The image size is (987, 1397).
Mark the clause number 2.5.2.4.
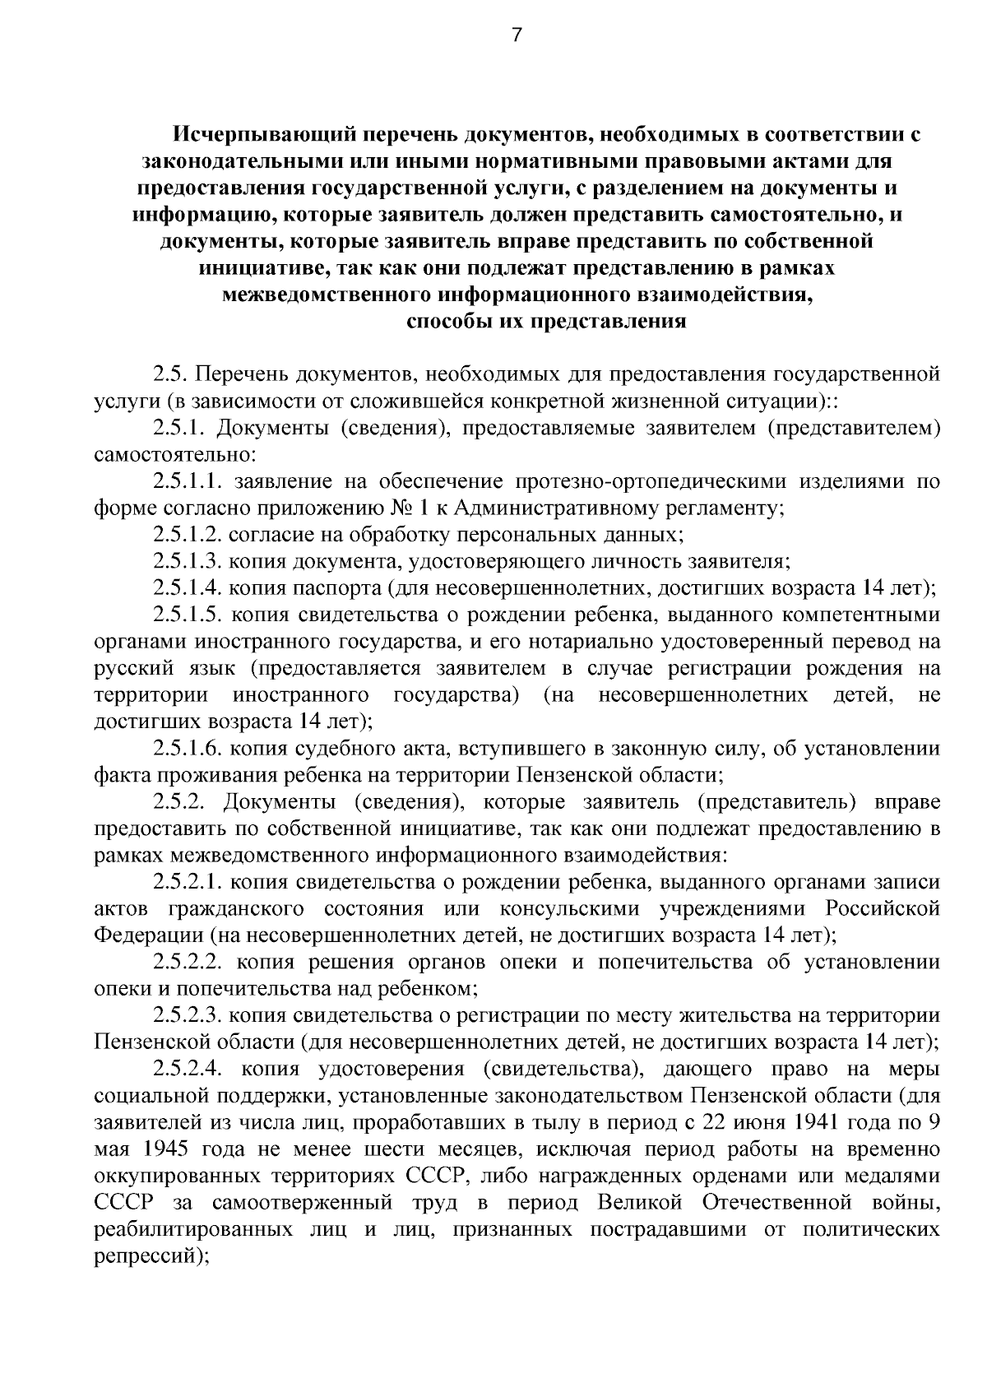tap(190, 1069)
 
